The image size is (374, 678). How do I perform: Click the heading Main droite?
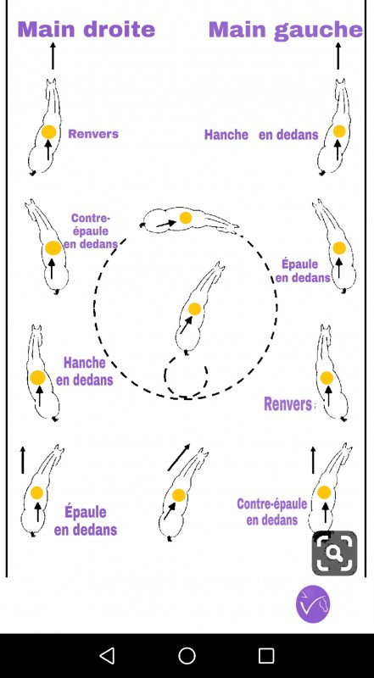(87, 30)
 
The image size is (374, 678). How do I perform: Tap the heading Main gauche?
(286, 31)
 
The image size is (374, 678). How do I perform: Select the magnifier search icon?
(335, 553)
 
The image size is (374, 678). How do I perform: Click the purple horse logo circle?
(313, 604)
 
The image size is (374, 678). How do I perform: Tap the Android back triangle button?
(107, 655)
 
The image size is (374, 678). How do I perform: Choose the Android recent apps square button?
(266, 655)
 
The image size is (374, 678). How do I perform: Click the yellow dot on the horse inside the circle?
(195, 308)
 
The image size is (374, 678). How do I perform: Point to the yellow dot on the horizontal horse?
(186, 218)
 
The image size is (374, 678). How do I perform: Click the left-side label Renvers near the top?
(93, 134)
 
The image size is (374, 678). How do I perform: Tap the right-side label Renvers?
(287, 404)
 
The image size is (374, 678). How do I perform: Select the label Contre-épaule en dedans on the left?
(90, 231)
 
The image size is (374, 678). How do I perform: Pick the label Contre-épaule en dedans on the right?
(272, 512)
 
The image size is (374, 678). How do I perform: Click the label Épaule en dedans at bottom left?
(86, 520)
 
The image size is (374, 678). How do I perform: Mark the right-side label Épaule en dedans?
(303, 270)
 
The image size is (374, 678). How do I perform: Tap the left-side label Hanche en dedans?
(85, 371)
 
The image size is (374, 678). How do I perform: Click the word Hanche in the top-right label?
(226, 135)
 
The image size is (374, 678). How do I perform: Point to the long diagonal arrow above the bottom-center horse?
(179, 458)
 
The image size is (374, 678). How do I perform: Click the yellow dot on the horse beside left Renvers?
(48, 132)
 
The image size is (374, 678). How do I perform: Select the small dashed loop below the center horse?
(186, 374)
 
